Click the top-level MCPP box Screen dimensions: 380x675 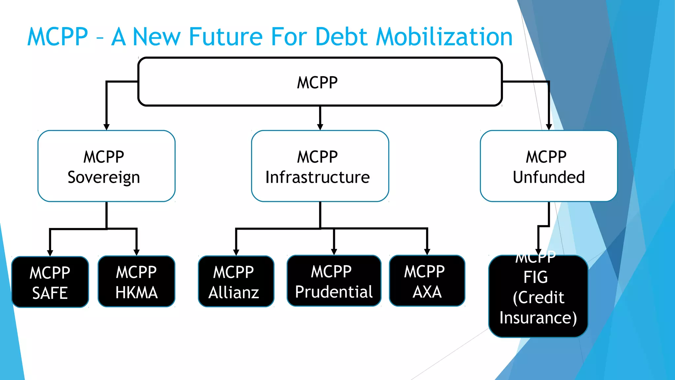320,82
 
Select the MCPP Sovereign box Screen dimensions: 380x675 106,166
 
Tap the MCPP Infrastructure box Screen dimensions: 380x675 320,166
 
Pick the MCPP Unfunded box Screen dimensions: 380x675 548,166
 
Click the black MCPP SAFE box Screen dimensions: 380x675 50,282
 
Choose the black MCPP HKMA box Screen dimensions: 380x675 136,282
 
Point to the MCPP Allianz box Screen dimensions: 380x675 236,282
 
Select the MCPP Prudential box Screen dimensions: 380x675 334,281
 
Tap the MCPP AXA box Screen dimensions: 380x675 427,281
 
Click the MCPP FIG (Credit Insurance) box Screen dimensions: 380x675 538,297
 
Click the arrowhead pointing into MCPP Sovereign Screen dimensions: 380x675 106,127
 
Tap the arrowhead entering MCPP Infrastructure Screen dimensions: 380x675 320,127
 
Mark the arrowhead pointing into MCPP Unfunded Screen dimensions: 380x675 549,127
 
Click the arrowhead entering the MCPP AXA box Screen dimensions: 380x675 427,252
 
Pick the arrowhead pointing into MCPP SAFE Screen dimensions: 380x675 50,253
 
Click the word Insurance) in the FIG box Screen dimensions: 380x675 538,318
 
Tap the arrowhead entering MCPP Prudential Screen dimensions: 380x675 334,252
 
